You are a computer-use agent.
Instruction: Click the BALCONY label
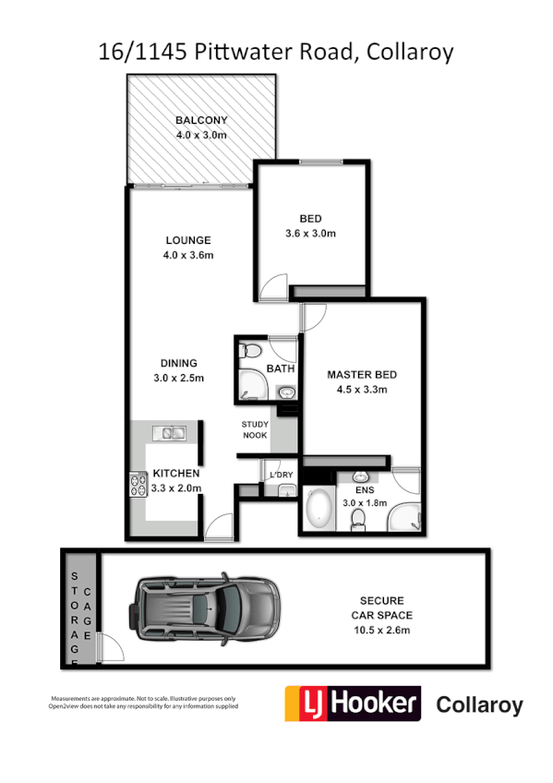pyautogui.click(x=201, y=120)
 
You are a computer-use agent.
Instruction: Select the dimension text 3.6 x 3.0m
pyautogui.click(x=311, y=234)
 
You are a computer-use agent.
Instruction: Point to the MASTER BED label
pyautogui.click(x=362, y=375)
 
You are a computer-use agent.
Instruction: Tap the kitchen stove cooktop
pyautogui.click(x=138, y=485)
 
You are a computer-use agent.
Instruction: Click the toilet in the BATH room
pyautogui.click(x=249, y=353)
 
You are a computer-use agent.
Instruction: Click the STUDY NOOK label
pyautogui.click(x=255, y=430)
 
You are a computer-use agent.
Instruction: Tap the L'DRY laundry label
pyautogui.click(x=280, y=475)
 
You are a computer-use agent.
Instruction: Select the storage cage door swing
pyautogui.click(x=110, y=648)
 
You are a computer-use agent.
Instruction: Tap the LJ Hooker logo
pyautogui.click(x=352, y=704)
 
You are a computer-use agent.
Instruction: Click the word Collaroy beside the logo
pyautogui.click(x=478, y=705)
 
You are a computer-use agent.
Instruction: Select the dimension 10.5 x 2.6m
pyautogui.click(x=381, y=631)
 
